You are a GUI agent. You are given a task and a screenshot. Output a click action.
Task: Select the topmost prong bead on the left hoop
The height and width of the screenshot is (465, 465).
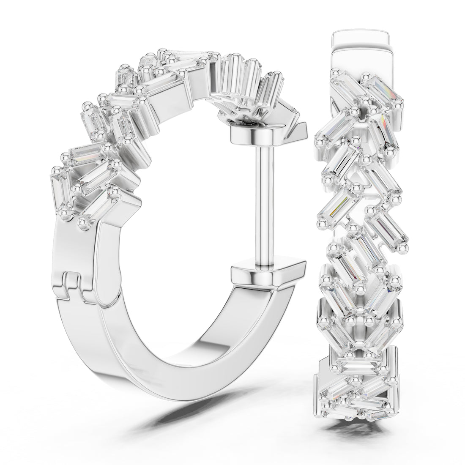(x=161, y=52)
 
